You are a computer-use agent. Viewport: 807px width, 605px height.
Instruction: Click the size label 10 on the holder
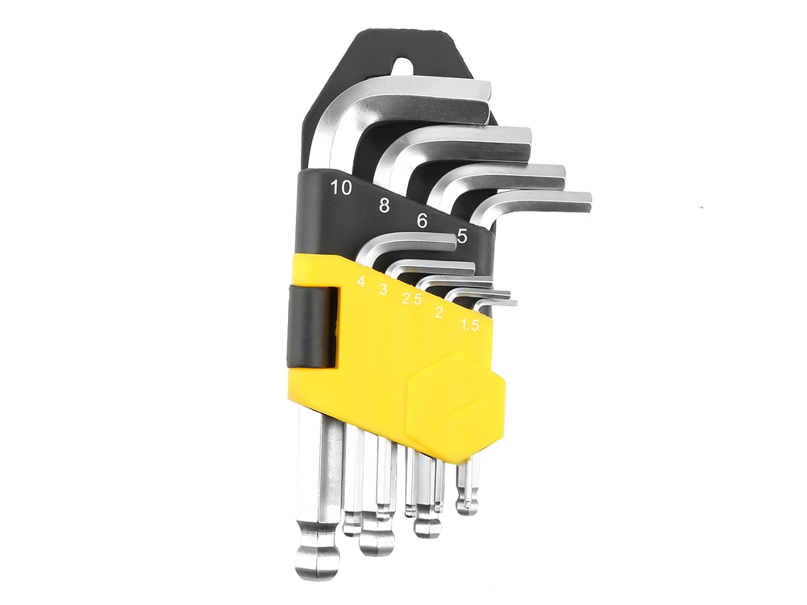click(x=342, y=188)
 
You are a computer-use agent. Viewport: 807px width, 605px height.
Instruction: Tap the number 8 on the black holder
click(x=384, y=205)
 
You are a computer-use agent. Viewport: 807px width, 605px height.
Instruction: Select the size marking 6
click(x=422, y=221)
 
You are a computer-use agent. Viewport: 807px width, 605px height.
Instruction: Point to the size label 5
click(x=462, y=236)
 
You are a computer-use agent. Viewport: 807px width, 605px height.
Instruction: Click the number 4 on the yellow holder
click(x=361, y=282)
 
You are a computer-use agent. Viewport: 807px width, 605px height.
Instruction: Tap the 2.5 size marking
click(x=411, y=299)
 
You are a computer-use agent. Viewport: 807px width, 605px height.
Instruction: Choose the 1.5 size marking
click(x=469, y=325)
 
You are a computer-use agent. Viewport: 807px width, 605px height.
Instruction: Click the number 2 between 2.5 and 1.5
click(x=439, y=312)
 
